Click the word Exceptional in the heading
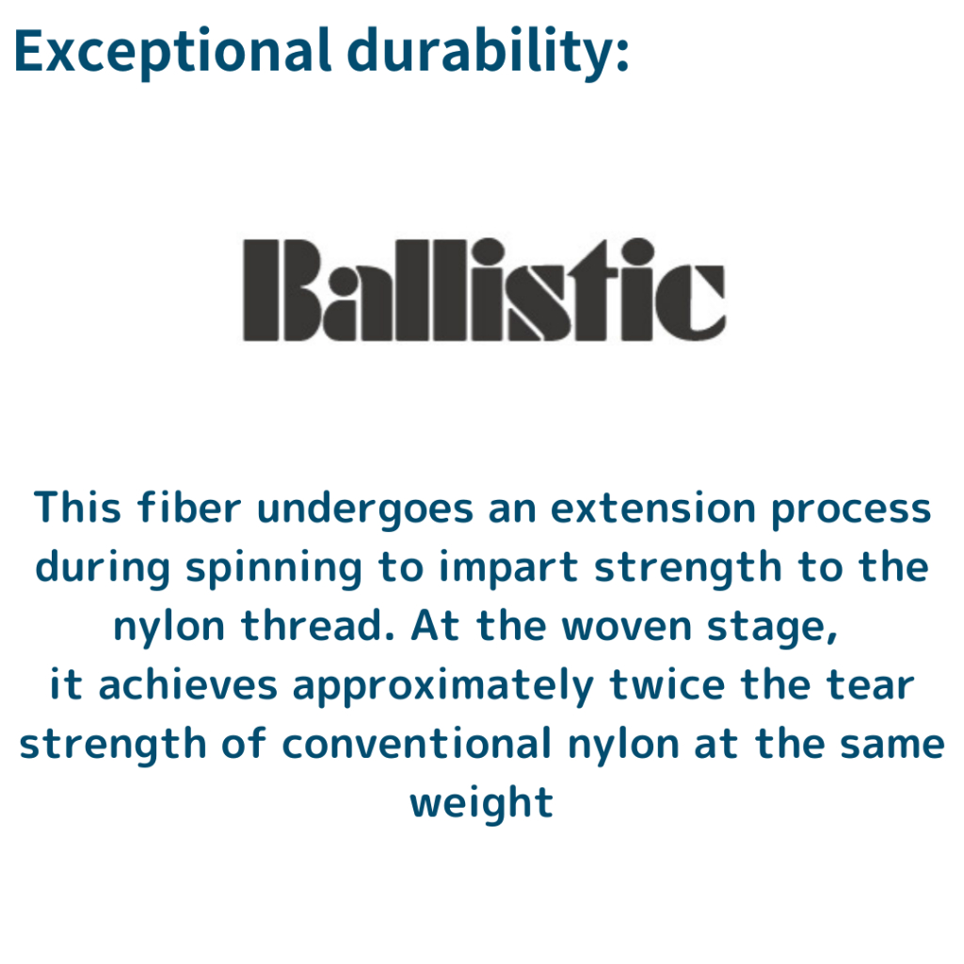click(x=173, y=53)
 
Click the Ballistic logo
click(x=485, y=289)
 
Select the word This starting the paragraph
click(x=77, y=507)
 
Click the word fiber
click(x=189, y=507)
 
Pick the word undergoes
click(x=365, y=510)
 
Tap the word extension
click(x=652, y=509)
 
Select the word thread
click(x=318, y=626)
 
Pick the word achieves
click(x=188, y=685)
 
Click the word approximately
click(x=443, y=687)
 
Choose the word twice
click(x=667, y=685)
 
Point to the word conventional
click(x=416, y=744)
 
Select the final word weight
click(x=482, y=804)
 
